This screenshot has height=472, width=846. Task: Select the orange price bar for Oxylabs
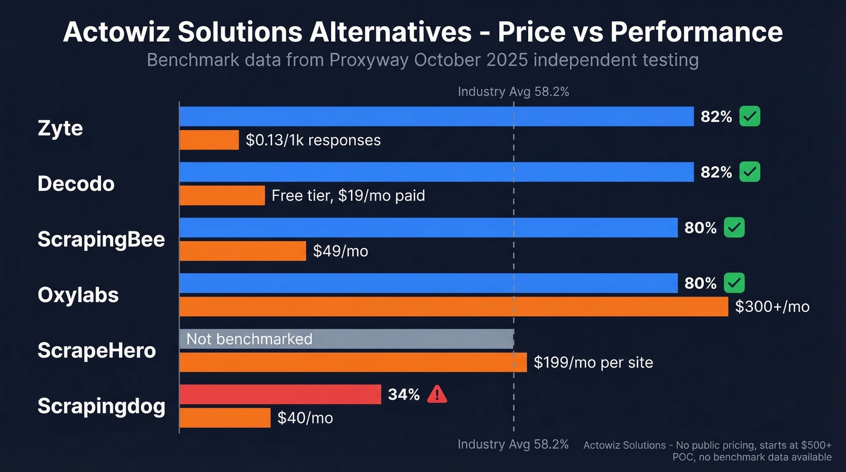click(x=453, y=306)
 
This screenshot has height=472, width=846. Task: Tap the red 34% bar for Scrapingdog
click(x=280, y=395)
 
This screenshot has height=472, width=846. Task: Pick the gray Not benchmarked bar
click(x=346, y=338)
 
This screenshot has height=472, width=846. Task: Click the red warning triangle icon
click(x=437, y=395)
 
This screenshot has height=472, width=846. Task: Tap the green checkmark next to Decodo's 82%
click(x=750, y=172)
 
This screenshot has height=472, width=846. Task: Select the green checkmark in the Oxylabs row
click(x=734, y=283)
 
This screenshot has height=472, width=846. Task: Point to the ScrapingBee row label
click(x=101, y=239)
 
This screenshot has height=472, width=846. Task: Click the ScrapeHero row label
click(x=97, y=351)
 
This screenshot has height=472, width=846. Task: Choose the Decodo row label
click(x=76, y=184)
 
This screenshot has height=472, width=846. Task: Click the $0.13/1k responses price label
click(x=313, y=140)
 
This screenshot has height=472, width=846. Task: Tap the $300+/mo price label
click(x=772, y=306)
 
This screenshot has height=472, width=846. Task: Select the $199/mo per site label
click(x=593, y=363)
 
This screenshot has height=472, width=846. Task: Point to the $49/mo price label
click(x=340, y=251)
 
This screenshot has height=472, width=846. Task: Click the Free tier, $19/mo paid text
click(x=348, y=196)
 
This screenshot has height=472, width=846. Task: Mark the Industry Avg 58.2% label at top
click(x=513, y=92)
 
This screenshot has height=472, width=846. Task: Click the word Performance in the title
click(x=696, y=31)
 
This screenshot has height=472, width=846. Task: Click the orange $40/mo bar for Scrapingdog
click(x=225, y=418)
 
